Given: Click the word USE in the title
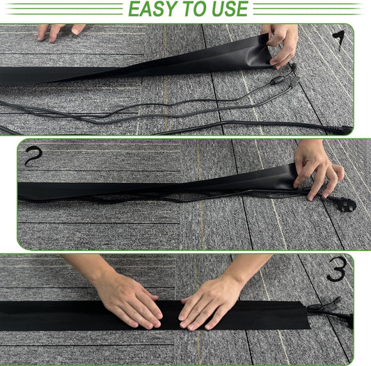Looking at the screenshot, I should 228,9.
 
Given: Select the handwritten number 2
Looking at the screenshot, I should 32,156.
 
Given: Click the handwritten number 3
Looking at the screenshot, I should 337,269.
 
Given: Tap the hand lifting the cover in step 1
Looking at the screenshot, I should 281,43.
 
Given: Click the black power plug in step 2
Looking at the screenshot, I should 343,204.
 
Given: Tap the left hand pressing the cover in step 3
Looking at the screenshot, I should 129,301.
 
